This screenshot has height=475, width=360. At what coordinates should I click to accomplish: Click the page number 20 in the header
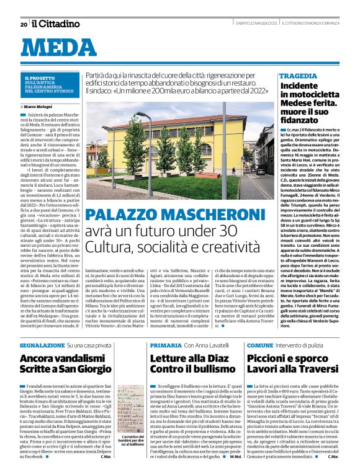pos(23,24)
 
